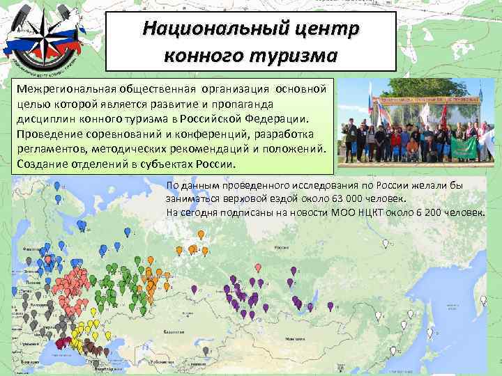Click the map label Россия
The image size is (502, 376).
[282, 248]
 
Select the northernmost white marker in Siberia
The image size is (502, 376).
[386, 244]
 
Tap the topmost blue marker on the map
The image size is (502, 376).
[56, 186]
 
